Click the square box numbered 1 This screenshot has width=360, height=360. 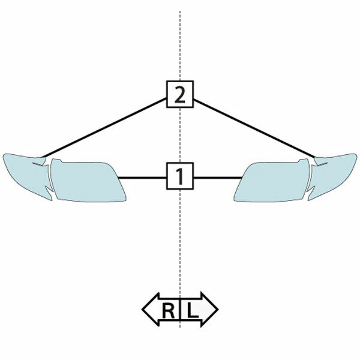pos(180,176)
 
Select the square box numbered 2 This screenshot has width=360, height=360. pos(180,94)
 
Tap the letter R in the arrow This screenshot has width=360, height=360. pos(168,311)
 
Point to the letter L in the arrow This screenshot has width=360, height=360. pos(193,311)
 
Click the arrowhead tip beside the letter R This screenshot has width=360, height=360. pos(142,310)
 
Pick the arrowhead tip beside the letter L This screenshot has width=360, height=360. pos(218,310)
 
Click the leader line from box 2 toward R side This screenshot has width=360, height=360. pos(104,128)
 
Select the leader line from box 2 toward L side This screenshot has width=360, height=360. pos(254,128)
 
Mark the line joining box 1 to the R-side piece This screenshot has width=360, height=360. pos(142,178)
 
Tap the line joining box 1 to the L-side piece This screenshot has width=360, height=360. pos(218,178)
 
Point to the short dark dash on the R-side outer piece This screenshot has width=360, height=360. pos(37,164)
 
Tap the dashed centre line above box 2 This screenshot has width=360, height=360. pos(180,46)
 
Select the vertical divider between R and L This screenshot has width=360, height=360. pos(180,310)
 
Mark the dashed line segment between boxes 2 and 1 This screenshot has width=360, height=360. pos(180,135)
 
